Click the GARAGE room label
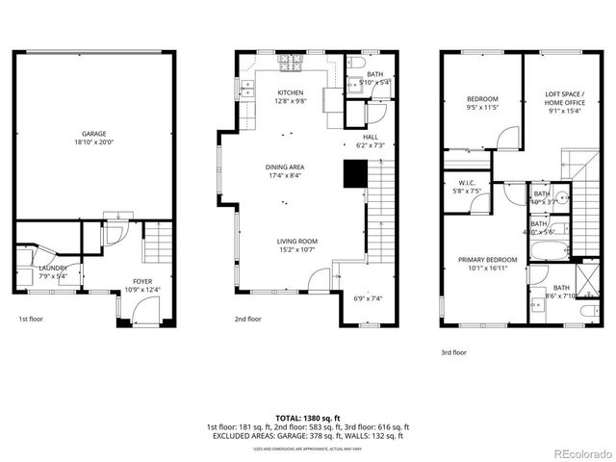point(93,134)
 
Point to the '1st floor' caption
point(31,319)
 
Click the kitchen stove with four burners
point(290,65)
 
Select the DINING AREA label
point(285,167)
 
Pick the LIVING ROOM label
point(285,242)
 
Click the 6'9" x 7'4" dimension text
point(369,298)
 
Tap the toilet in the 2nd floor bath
point(355,63)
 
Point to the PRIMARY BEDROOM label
point(487,260)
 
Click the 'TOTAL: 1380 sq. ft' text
point(307,418)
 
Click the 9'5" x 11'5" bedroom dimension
point(483,107)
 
